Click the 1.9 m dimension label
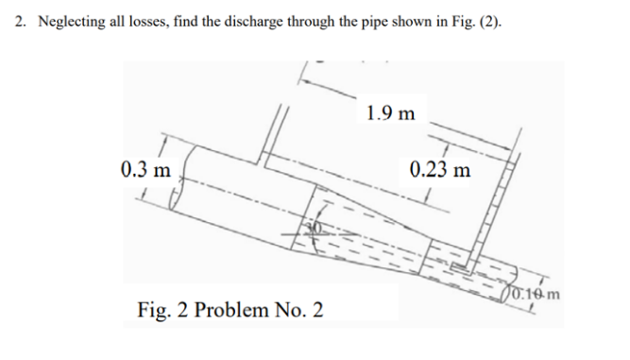point(390,113)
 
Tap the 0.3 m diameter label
point(146,170)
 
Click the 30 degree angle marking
point(319,229)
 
